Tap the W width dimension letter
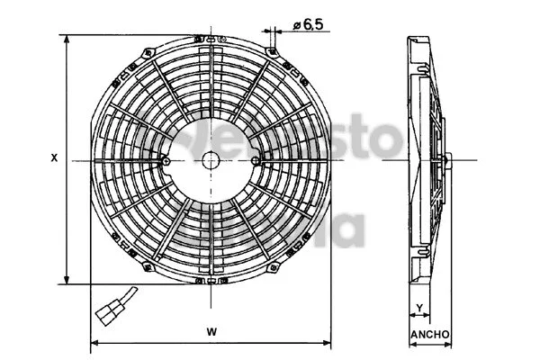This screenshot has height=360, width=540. click(x=211, y=331)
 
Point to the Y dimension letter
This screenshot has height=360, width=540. click(x=419, y=309)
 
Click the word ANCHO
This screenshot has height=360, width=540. click(x=430, y=335)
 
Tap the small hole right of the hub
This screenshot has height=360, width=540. click(x=256, y=161)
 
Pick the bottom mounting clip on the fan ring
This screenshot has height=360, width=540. click(x=211, y=280)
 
